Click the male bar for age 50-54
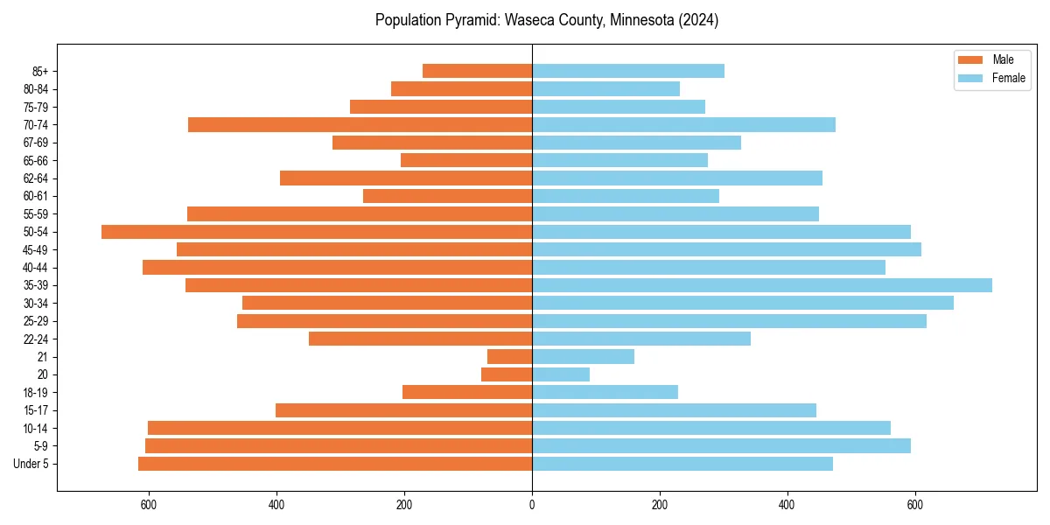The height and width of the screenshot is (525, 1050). coord(317,232)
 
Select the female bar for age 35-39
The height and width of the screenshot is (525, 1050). coord(761,285)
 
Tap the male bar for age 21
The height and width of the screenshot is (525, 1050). coord(510,357)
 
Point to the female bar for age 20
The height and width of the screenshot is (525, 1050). coord(561,374)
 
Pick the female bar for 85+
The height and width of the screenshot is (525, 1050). coord(628,71)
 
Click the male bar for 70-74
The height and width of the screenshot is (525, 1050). coord(360,124)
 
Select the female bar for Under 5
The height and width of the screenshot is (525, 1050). coord(682,464)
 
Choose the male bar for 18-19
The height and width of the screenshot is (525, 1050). coord(467,392)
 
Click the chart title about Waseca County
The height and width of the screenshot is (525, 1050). coord(547,20)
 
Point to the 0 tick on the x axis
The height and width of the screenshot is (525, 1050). coord(532,505)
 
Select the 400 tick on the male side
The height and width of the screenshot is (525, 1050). coord(276,505)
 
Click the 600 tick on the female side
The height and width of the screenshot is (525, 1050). coord(915,505)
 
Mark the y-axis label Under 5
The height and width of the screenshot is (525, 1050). coord(31,464)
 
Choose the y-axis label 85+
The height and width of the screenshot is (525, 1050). coord(41,71)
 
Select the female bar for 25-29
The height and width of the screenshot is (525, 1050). coord(729,321)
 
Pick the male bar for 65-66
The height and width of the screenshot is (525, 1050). coord(466,160)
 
